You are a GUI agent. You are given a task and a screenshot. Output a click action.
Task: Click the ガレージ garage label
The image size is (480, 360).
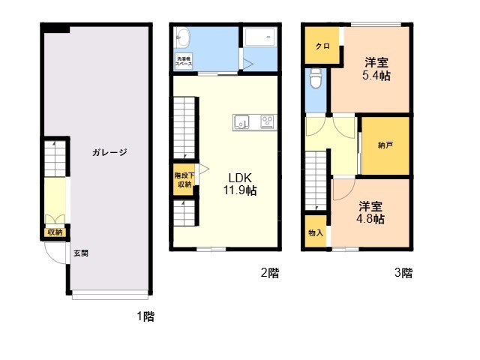[x=109, y=152]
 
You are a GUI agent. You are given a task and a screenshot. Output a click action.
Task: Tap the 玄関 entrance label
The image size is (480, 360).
[x=81, y=253]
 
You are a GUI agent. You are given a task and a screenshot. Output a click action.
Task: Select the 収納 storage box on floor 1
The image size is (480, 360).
[x=55, y=232]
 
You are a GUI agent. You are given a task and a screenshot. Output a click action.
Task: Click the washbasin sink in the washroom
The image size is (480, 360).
[x=183, y=38]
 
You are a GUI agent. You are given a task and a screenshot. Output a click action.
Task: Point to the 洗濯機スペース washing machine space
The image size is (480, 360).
[x=184, y=61]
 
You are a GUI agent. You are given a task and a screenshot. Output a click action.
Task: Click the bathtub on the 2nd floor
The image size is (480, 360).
[x=260, y=37]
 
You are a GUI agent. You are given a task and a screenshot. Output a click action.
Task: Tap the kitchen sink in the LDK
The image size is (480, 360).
[x=241, y=122]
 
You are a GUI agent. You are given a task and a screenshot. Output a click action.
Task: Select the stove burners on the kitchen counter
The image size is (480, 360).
[x=267, y=121]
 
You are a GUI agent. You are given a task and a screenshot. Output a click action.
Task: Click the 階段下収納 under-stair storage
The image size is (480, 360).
[x=184, y=180]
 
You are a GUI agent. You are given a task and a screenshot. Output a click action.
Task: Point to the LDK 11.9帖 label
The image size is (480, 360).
[x=240, y=184]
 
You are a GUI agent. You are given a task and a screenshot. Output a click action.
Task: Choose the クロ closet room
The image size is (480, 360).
[x=322, y=45]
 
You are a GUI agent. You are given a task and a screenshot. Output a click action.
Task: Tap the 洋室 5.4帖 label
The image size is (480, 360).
[x=376, y=69]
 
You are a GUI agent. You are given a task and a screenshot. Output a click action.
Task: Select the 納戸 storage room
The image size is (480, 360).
[x=385, y=145]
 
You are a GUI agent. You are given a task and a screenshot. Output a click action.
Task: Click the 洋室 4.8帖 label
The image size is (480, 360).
[x=370, y=213]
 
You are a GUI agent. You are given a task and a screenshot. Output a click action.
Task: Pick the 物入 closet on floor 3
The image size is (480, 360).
[x=316, y=231]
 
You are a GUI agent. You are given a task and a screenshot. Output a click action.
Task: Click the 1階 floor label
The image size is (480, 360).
[x=145, y=316]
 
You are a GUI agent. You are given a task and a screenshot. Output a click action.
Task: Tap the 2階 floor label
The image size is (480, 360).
[x=270, y=272]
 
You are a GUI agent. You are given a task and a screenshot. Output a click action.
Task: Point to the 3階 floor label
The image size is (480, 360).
[x=403, y=272]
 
